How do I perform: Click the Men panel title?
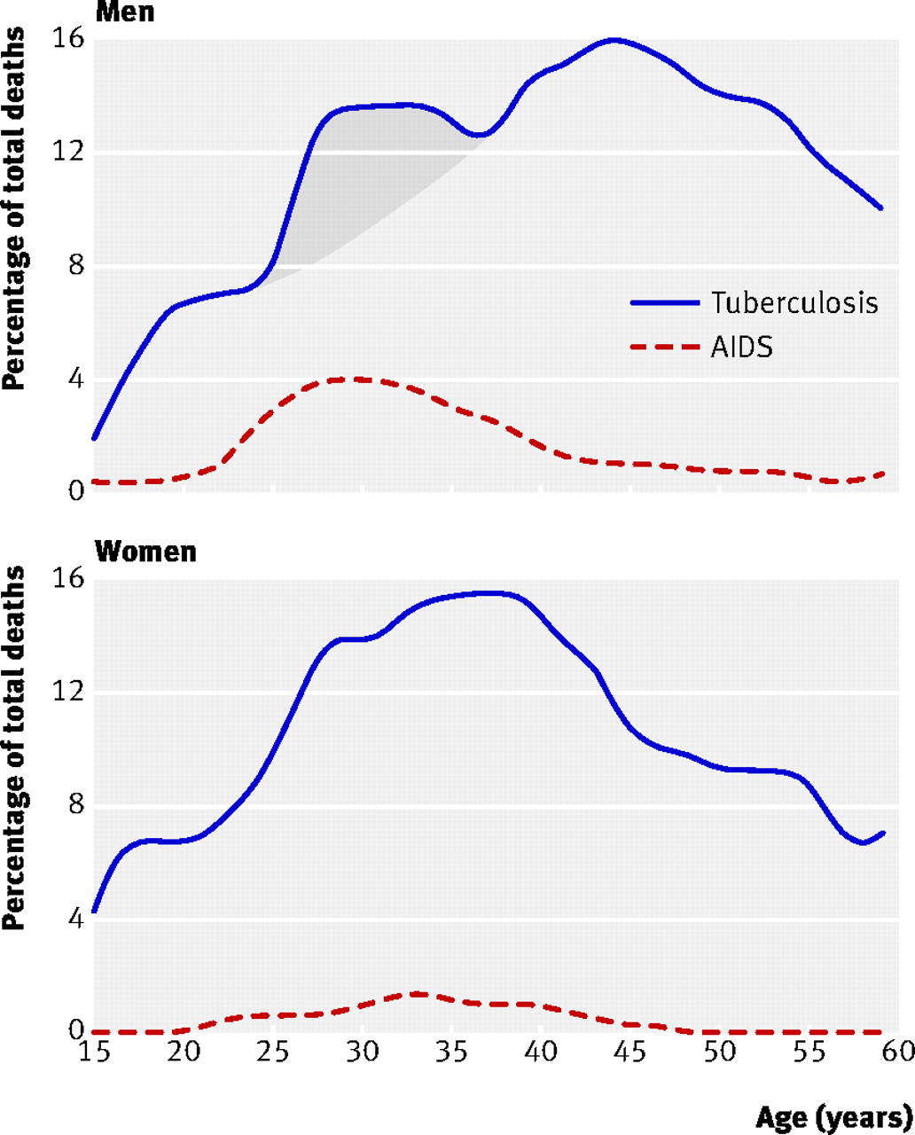[x=124, y=12]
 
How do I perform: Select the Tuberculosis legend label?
[x=794, y=302]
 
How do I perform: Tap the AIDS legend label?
[x=741, y=348]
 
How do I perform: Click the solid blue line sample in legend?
[x=664, y=302]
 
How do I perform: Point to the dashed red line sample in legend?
[x=664, y=348]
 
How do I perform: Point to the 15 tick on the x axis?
[x=94, y=1053]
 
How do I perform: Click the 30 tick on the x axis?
[x=362, y=1053]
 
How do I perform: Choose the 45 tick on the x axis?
[x=630, y=1053]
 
